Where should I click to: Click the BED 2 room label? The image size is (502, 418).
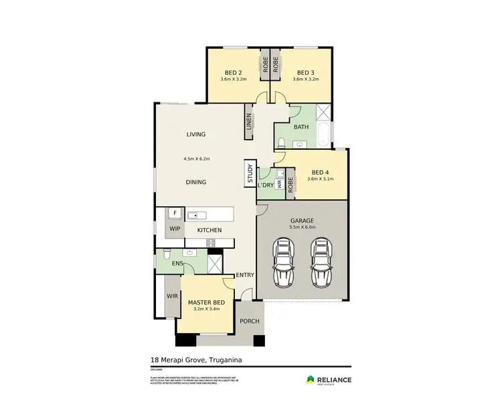tap(233, 72)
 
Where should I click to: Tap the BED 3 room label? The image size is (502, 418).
tap(305, 72)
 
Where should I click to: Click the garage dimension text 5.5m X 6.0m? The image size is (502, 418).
tap(302, 227)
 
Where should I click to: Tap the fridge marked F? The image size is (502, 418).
tap(175, 213)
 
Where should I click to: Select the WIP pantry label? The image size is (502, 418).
tap(175, 229)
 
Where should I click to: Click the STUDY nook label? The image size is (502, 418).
tap(250, 174)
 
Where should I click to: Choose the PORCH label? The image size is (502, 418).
tap(250, 321)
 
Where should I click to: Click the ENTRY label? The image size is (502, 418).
tap(245, 275)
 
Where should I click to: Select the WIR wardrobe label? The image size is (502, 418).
tap(171, 295)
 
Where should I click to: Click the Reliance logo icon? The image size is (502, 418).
tap(310, 380)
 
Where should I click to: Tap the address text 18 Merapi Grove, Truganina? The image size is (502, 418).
tap(195, 360)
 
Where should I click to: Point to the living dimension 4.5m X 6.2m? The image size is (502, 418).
tap(197, 159)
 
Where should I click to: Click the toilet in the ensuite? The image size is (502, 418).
tap(165, 254)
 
